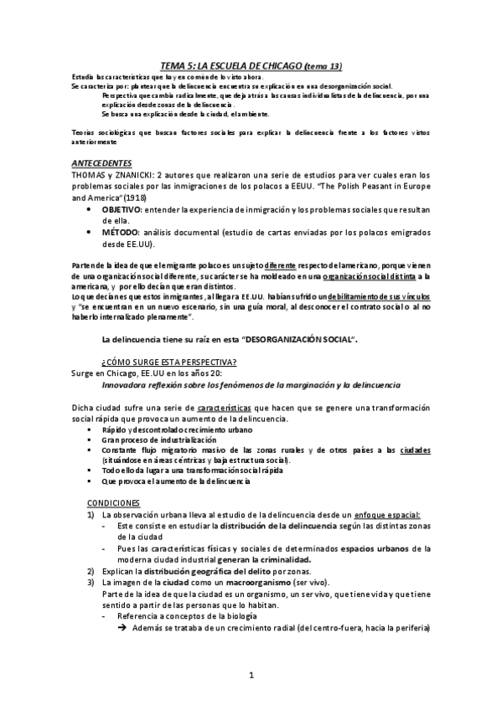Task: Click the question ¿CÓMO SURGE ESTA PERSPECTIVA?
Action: point(168,361)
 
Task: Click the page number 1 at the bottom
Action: point(251,674)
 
